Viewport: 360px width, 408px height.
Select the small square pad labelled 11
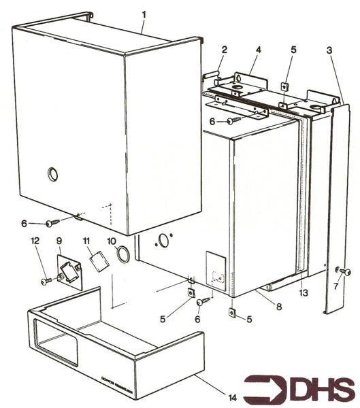(98, 261)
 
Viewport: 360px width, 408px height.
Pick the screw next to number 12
(47, 279)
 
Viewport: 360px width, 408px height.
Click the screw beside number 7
(344, 272)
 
